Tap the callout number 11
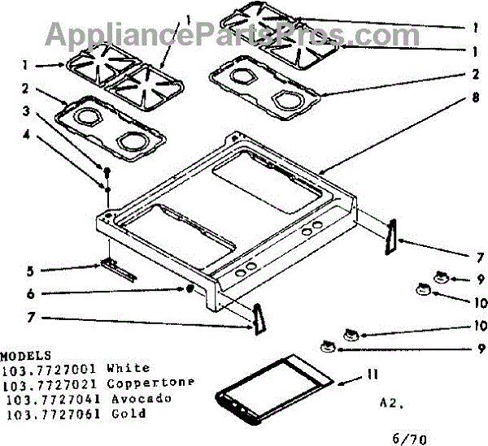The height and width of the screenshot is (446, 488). point(373,375)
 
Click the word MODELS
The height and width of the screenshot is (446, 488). point(26,356)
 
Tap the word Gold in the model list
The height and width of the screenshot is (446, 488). point(130,414)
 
